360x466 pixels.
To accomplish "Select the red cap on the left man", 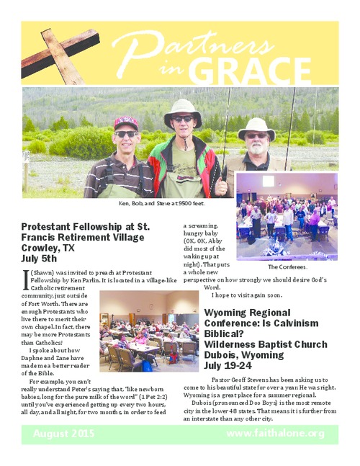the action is pyautogui.click(x=125, y=122).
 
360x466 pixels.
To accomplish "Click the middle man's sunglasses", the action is pyautogui.click(x=182, y=119).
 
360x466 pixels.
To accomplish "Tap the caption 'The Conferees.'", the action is pyautogui.click(x=287, y=266).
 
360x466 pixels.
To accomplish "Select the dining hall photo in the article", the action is pyautogui.click(x=148, y=331).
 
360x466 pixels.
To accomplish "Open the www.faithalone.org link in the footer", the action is pyautogui.click(x=274, y=434).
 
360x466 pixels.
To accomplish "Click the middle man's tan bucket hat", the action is pyautogui.click(x=182, y=107).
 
